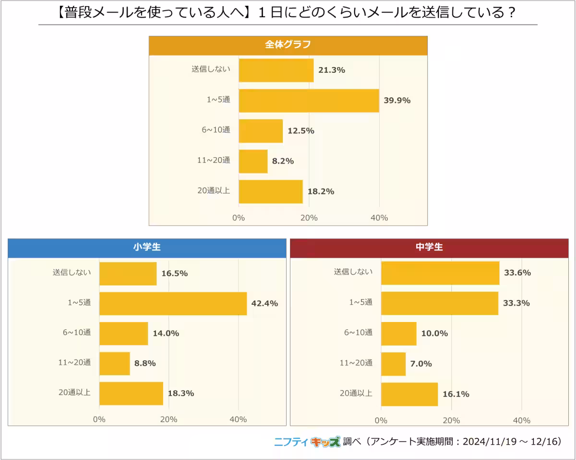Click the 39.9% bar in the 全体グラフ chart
(x=309, y=101)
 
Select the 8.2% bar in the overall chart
(x=253, y=161)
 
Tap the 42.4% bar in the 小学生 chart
(x=173, y=303)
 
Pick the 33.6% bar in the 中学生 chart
(x=440, y=273)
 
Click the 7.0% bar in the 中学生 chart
(x=393, y=364)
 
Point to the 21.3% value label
(x=332, y=70)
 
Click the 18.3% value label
(x=181, y=393)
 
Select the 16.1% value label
(x=456, y=394)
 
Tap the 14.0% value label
(x=166, y=333)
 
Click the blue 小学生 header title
(x=147, y=248)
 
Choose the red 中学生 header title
(x=429, y=248)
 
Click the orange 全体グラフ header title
(x=288, y=45)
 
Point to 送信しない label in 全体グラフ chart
(x=211, y=69)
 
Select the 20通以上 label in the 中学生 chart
(x=356, y=393)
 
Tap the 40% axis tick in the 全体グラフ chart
(x=379, y=218)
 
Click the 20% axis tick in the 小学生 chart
(x=168, y=420)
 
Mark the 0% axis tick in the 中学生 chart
(x=381, y=421)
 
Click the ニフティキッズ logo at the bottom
(x=307, y=442)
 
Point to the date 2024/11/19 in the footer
(x=490, y=442)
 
